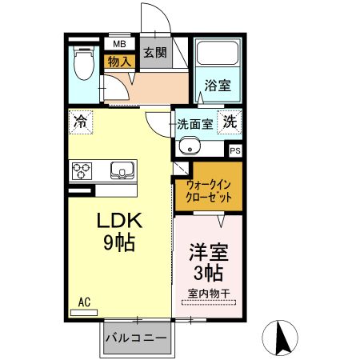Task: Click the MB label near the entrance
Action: point(119,45)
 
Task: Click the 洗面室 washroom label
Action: point(194,124)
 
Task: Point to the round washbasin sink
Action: point(190,146)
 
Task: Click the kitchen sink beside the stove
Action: point(121,170)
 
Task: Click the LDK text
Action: point(120,221)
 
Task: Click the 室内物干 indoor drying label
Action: point(208,294)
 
